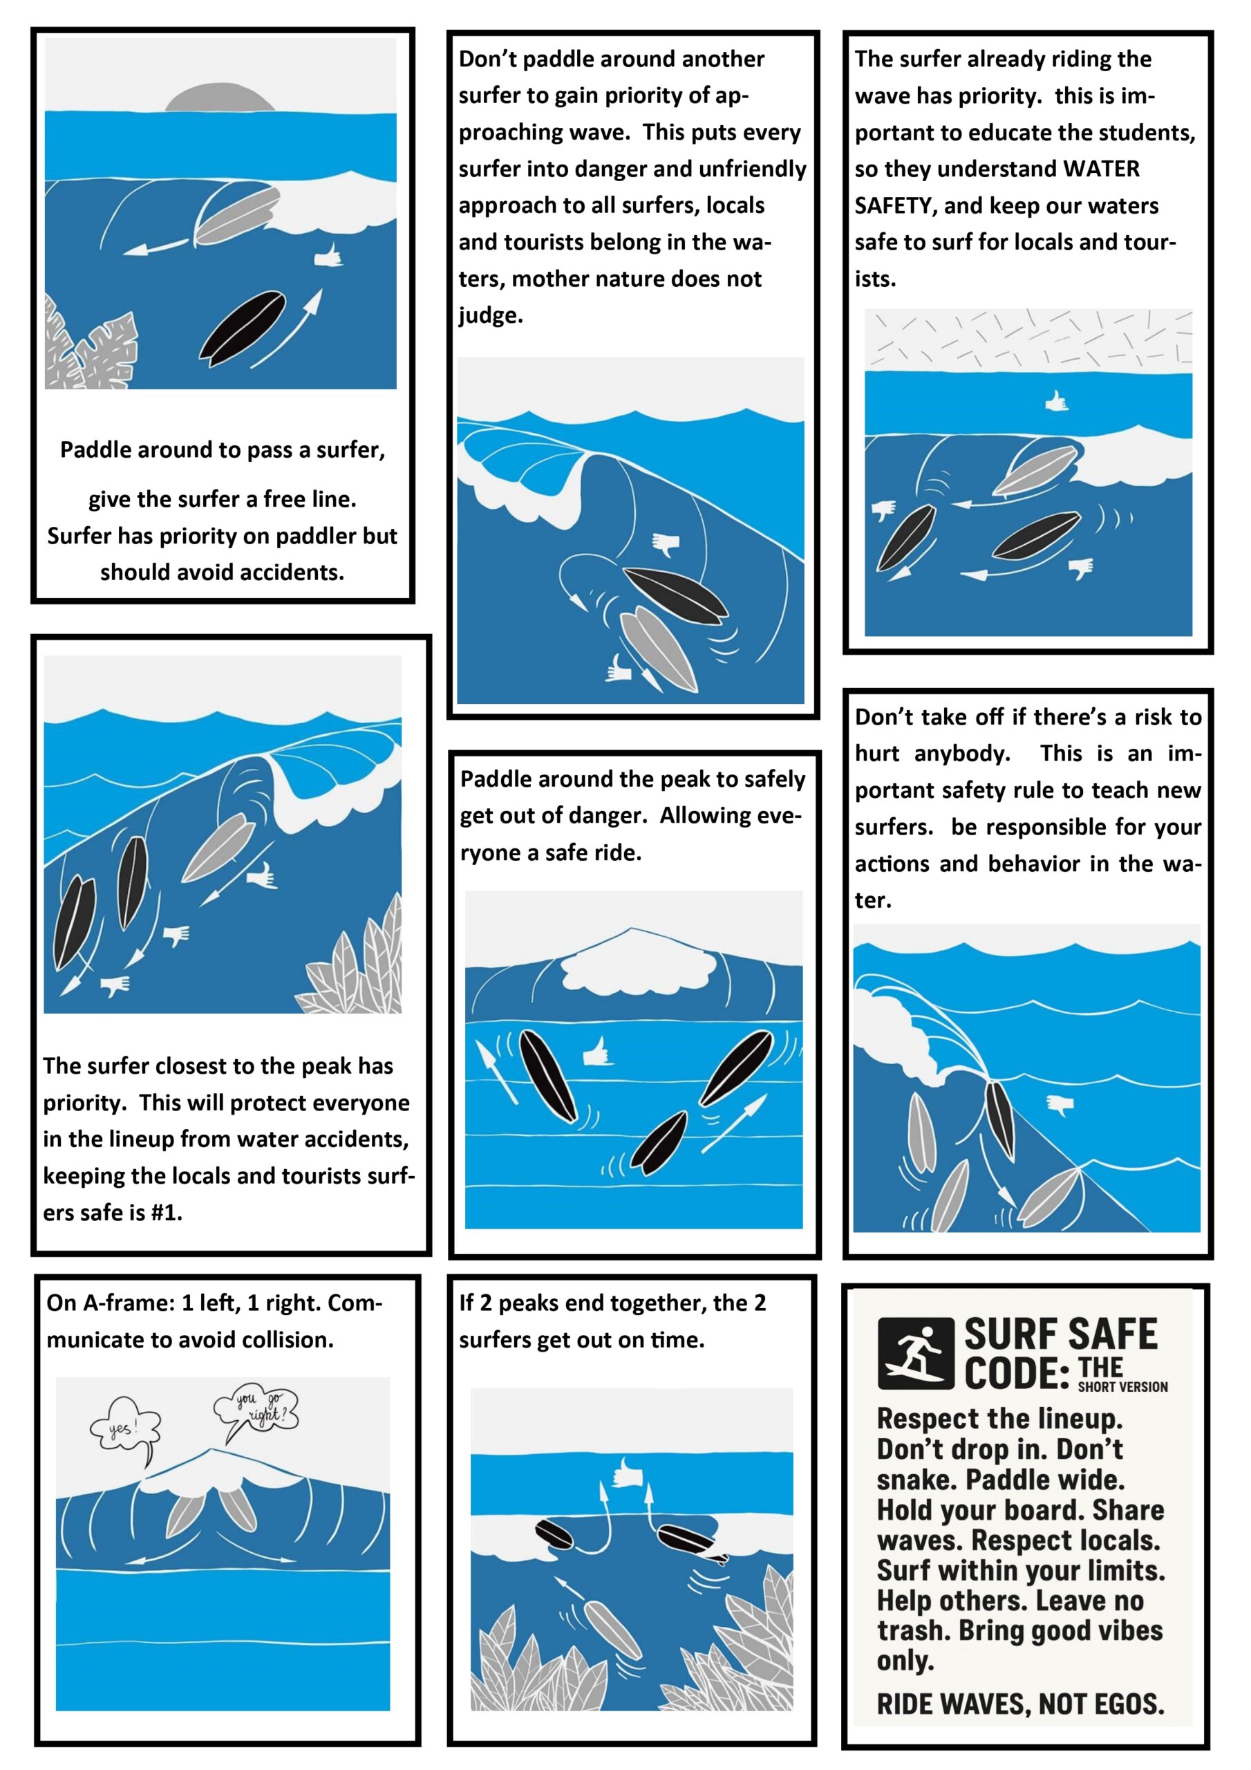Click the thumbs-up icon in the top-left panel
(328, 255)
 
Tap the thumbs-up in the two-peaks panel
(626, 1474)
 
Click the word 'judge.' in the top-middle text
(490, 315)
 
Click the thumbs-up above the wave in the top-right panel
(1056, 401)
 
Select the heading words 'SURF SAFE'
(1061, 1334)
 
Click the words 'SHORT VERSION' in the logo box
(1122, 1387)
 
